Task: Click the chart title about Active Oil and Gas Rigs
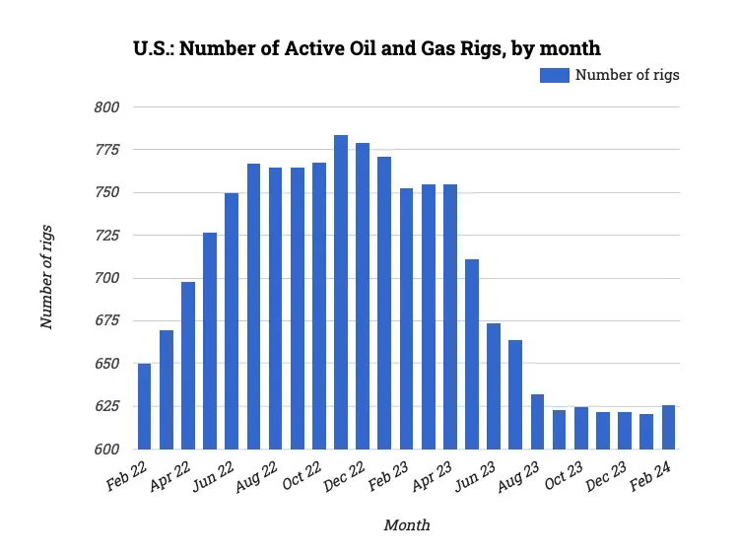[x=367, y=46]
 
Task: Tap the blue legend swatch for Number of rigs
[x=554, y=75]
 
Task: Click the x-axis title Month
[x=406, y=525]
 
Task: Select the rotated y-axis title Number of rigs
[x=46, y=277]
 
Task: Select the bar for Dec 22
[x=363, y=296]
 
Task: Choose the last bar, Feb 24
[x=668, y=427]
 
